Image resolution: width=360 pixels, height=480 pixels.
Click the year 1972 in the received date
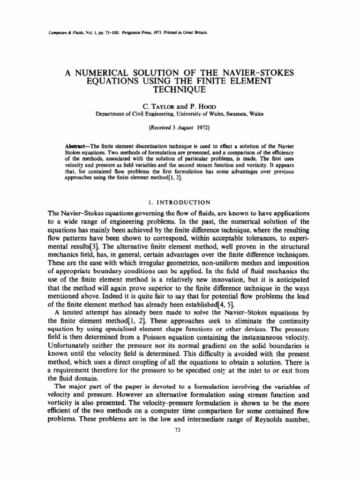click(x=202, y=127)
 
